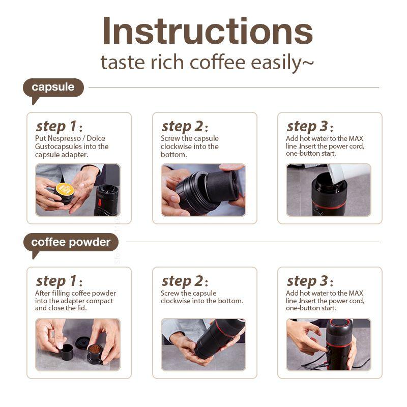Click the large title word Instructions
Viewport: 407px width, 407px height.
[207, 32]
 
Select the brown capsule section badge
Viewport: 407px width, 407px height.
[53, 88]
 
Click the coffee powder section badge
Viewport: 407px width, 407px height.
[71, 242]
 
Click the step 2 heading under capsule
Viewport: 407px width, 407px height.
[182, 126]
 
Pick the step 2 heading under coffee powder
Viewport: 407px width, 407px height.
[182, 281]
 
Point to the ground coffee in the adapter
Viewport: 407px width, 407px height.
[95, 349]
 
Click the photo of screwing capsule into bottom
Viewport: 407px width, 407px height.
[203, 190]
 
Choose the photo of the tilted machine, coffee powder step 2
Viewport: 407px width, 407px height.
[203, 344]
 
